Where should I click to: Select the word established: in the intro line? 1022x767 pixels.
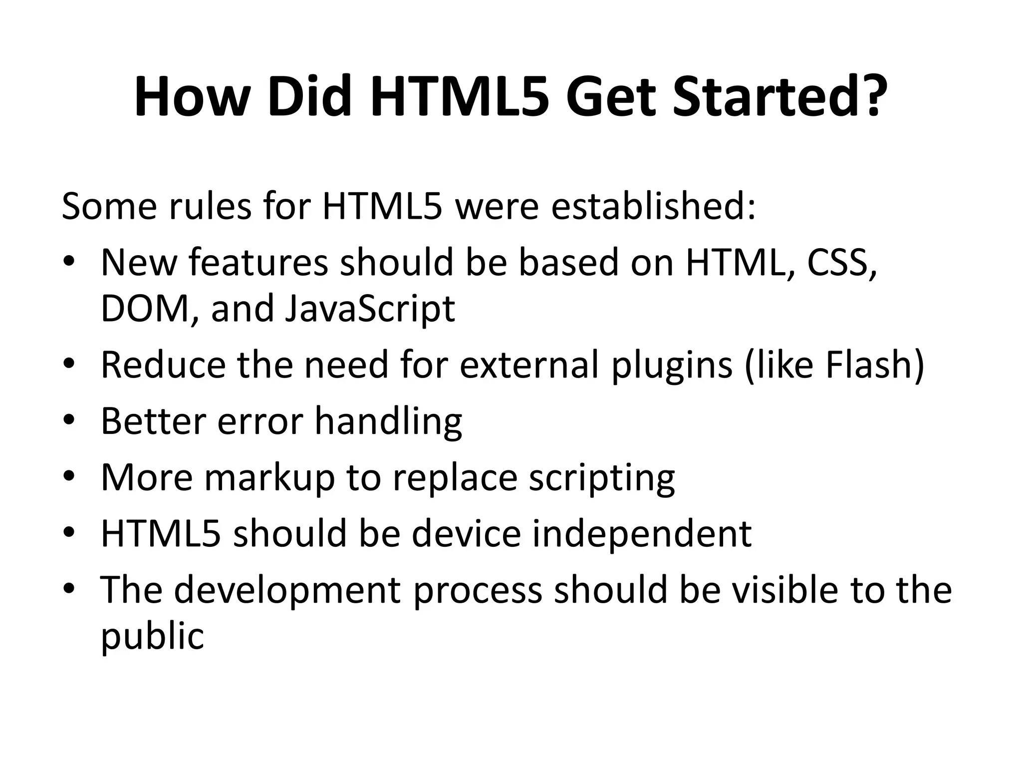click(653, 206)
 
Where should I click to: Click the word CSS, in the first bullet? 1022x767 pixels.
click(842, 263)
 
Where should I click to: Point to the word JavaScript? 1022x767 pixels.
click(370, 308)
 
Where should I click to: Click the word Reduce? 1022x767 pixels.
click(163, 365)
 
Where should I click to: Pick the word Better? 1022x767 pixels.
click(153, 420)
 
